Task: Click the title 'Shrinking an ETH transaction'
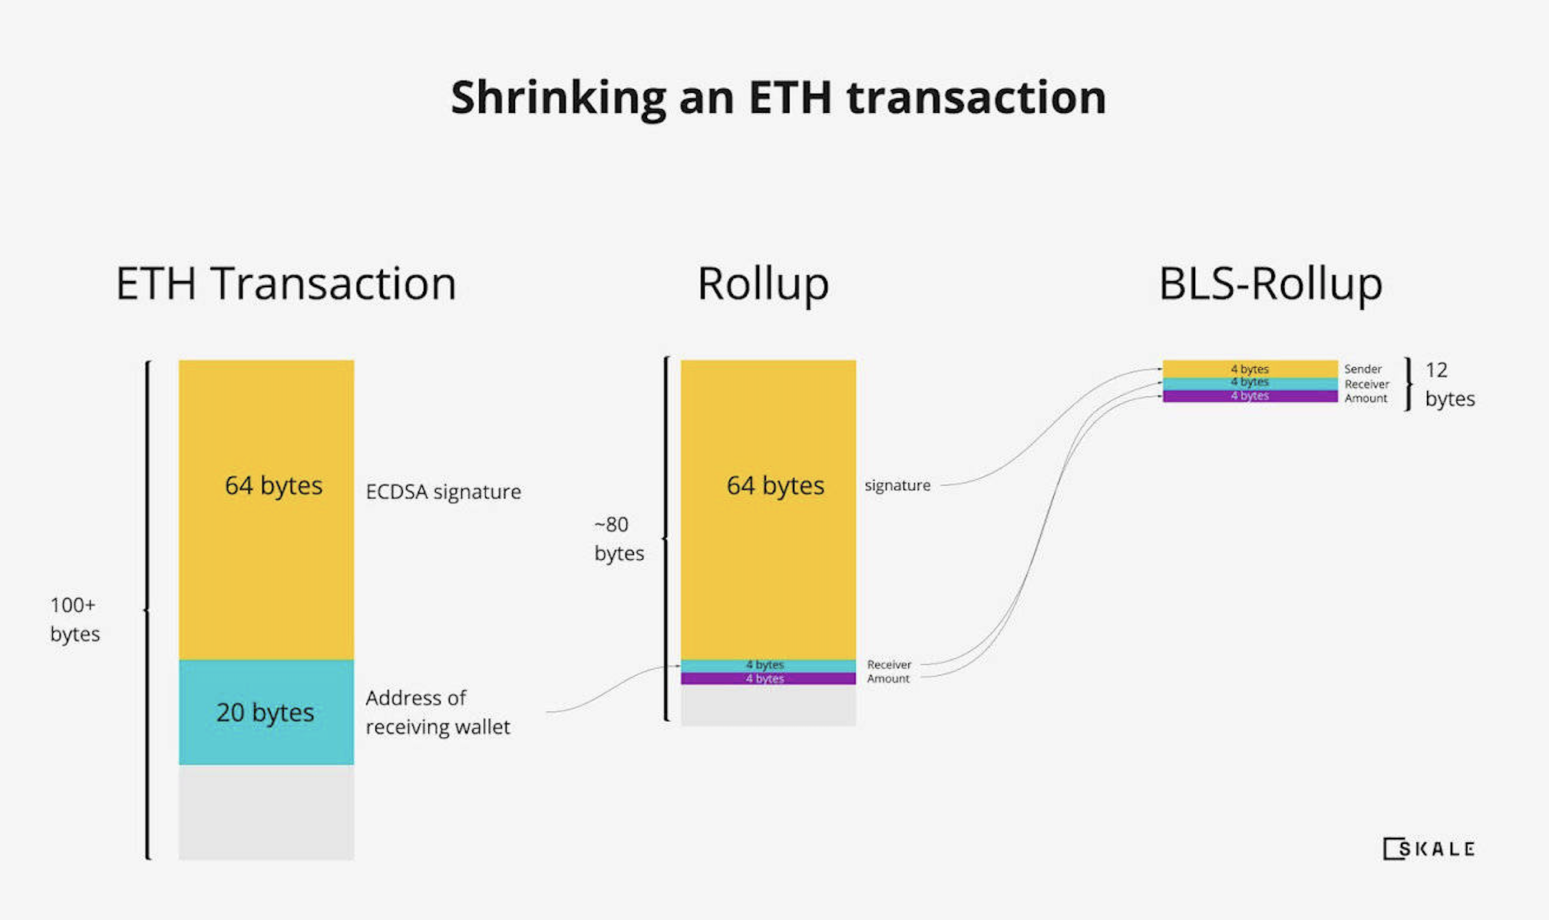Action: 778,98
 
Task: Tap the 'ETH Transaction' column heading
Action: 286,283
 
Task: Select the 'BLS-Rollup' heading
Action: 1270,283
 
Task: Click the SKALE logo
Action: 1428,849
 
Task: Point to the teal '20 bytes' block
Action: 266,712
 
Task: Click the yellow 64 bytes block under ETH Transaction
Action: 266,510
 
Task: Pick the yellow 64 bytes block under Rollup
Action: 768,510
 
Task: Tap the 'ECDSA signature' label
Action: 444,491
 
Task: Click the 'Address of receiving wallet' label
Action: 438,712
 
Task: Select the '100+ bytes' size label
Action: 74,619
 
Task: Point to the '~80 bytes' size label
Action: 619,538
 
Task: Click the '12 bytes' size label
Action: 1450,384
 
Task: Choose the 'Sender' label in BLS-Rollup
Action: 1362,369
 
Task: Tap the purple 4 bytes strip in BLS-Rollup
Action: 1250,396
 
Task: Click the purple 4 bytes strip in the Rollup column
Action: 768,679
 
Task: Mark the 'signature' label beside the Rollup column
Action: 897,485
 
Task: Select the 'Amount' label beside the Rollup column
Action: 888,679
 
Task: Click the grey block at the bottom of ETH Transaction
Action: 266,812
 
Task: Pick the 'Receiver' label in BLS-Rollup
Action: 1366,384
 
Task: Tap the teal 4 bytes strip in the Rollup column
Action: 768,666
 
